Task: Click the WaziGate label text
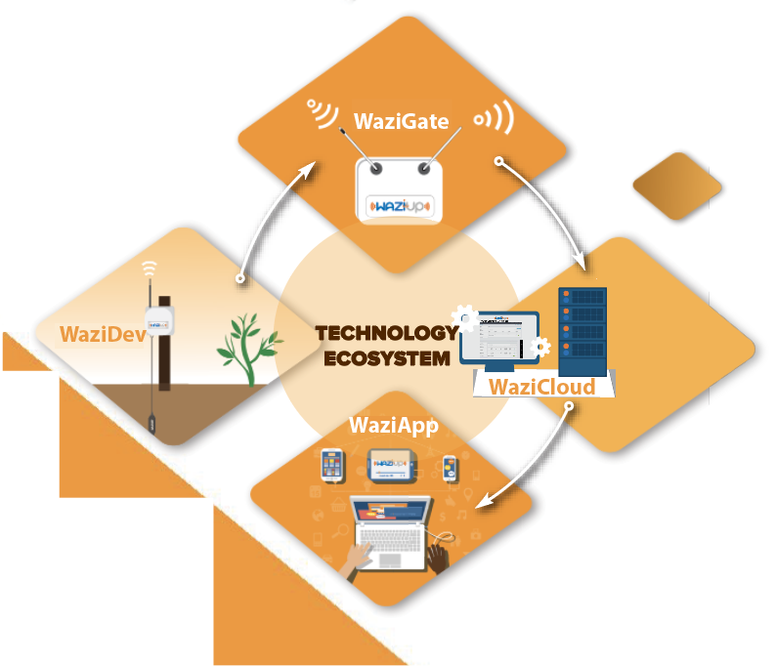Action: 402,122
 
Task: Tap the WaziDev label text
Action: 102,334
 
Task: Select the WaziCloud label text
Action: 541,387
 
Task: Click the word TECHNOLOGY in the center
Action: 386,334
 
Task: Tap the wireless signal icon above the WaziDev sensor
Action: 149,268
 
